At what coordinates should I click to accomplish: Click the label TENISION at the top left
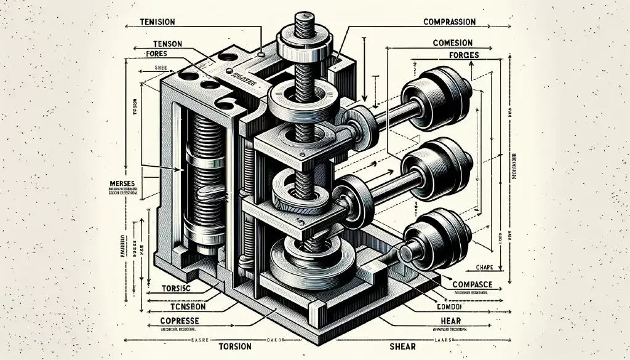(157, 22)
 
